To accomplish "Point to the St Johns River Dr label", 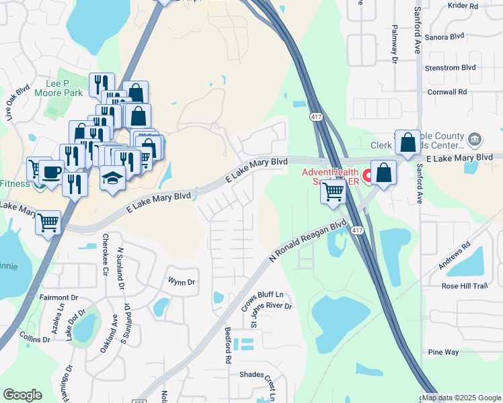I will pyautogui.click(x=271, y=314).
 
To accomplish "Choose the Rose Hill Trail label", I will pyautogui.click(x=463, y=285).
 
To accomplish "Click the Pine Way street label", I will pyautogui.click(x=443, y=352).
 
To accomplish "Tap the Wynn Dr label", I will pyautogui.click(x=181, y=282).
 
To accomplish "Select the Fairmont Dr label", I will pyautogui.click(x=59, y=297).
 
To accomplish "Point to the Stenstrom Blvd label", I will pyautogui.click(x=450, y=68).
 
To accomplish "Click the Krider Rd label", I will pyautogui.click(x=463, y=5).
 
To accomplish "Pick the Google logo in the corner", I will pyautogui.click(x=23, y=395).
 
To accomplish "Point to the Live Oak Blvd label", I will pyautogui.click(x=17, y=101).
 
